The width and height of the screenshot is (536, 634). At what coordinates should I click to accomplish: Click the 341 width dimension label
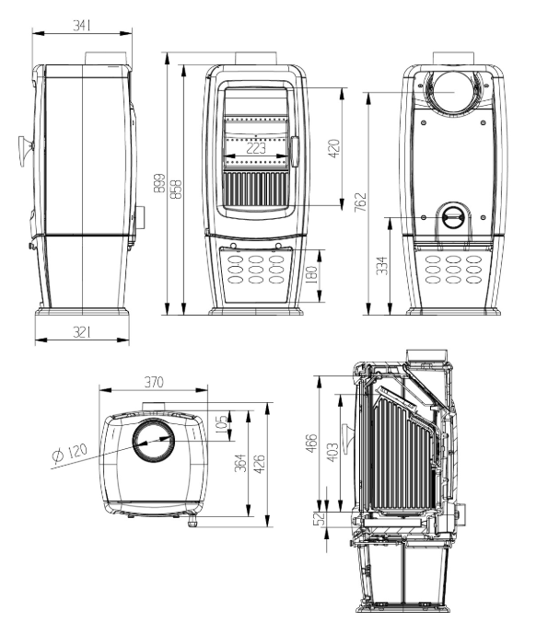coord(82,25)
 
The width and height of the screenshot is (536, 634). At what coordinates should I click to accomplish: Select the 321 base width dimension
coord(82,332)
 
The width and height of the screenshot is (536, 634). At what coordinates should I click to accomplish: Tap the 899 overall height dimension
coord(160,183)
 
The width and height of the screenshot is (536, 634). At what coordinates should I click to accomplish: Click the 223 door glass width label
coord(256,148)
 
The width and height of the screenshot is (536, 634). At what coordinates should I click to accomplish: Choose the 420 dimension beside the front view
coord(334,148)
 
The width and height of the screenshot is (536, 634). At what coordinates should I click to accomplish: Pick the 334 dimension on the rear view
coord(382,265)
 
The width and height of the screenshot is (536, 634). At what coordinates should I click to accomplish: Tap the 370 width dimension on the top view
coord(154,382)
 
